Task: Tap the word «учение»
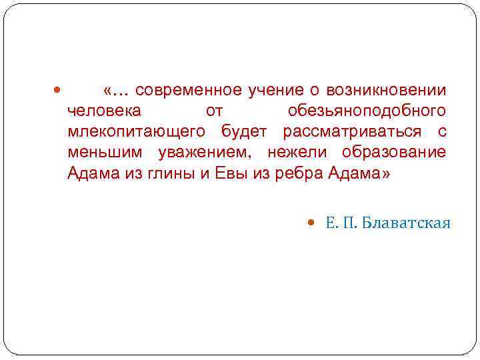tap(270, 90)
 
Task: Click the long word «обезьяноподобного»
tap(367, 111)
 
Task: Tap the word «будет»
tap(246, 131)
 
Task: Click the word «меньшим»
tap(106, 153)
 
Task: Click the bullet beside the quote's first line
tap(56, 90)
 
